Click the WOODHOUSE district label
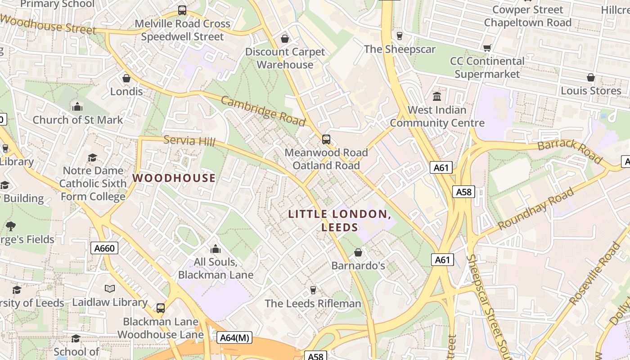[x=174, y=178]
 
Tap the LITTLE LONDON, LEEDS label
[x=340, y=220]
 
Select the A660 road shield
[x=104, y=248]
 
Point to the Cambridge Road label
[x=263, y=111]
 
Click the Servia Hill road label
[x=189, y=141]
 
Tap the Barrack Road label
[x=570, y=151]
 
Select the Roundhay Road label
[x=536, y=208]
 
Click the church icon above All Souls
[x=216, y=249]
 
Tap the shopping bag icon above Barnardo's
[x=358, y=252]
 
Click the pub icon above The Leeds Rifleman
[x=313, y=290]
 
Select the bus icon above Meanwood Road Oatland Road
[x=326, y=139]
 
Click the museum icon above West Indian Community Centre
[x=437, y=97]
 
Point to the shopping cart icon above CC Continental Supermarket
[x=487, y=48]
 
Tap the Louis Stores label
[x=590, y=90]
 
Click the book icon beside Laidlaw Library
[x=110, y=289]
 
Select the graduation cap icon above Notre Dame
[x=93, y=157]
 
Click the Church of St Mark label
[x=77, y=120]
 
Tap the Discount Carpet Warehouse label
[x=285, y=58]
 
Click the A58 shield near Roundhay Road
[x=463, y=192]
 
